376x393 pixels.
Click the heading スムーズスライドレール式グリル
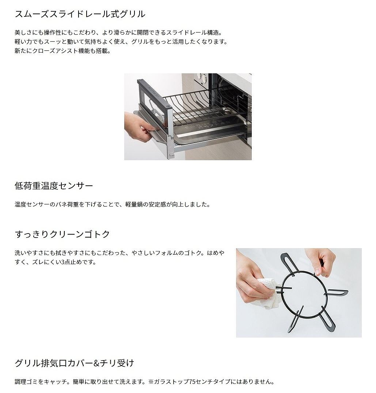pyautogui.click(x=80, y=14)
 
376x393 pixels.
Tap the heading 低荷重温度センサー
pyautogui.click(x=54, y=186)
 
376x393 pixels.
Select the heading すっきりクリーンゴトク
pyautogui.click(x=62, y=234)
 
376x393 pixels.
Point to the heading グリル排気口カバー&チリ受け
pyautogui.click(x=75, y=363)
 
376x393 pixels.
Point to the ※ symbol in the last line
pyautogui.click(x=151, y=382)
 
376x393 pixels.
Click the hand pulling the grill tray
pyautogui.click(x=137, y=127)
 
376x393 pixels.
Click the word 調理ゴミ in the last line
pyautogui.click(x=26, y=382)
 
